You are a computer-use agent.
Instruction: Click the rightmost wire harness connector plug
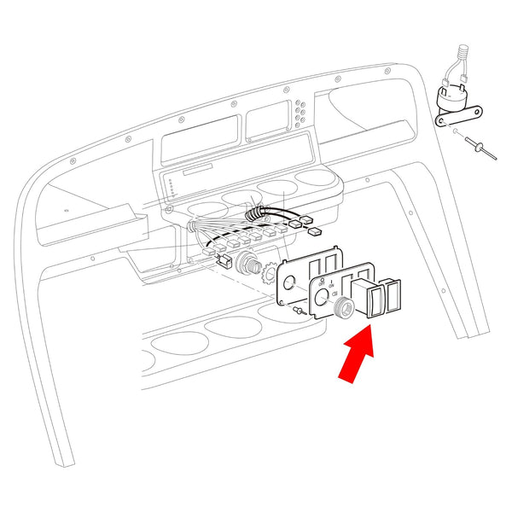pyautogui.click(x=314, y=230)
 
